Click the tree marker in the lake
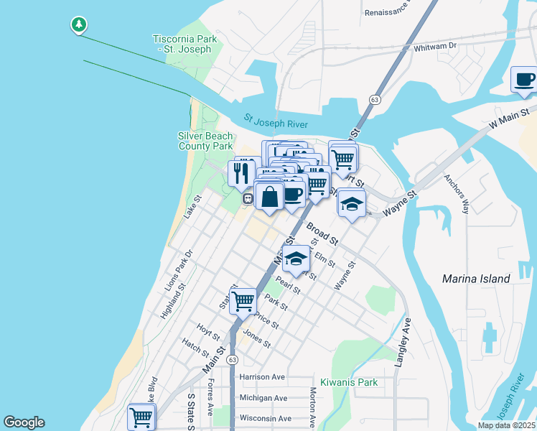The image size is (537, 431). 78,25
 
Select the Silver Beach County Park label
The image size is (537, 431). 205,141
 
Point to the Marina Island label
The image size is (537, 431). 476,278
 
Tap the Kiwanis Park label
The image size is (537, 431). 349,382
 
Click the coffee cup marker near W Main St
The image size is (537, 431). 524,80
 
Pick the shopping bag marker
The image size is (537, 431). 269,196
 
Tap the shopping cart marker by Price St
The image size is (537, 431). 243,300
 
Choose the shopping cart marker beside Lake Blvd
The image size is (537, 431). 141,417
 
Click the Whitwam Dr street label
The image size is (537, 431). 436,46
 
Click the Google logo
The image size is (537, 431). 24,422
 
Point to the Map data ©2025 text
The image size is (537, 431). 506,425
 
